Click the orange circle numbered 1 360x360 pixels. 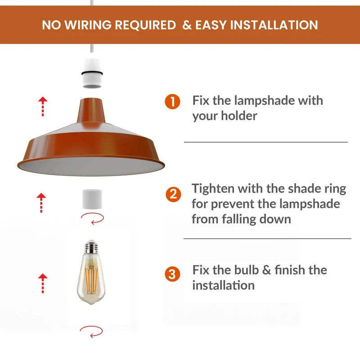pyautogui.click(x=172, y=102)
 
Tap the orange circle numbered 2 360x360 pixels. pyautogui.click(x=173, y=194)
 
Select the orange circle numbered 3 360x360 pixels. pyautogui.click(x=172, y=274)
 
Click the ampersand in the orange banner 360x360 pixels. pyautogui.click(x=187, y=25)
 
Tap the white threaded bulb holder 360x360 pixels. pyautogui.click(x=92, y=73)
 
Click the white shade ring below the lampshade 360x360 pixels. pyautogui.click(x=92, y=199)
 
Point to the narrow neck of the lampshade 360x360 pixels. pyautogui.click(x=91, y=111)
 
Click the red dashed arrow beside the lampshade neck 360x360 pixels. pyautogui.click(x=43, y=106)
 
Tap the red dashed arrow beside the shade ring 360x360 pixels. pyautogui.click(x=41, y=203)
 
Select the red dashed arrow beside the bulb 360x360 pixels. pyautogui.click(x=43, y=283)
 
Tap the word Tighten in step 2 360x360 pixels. pyautogui.click(x=213, y=189)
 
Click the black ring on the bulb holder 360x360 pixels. pyautogui.click(x=92, y=73)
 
